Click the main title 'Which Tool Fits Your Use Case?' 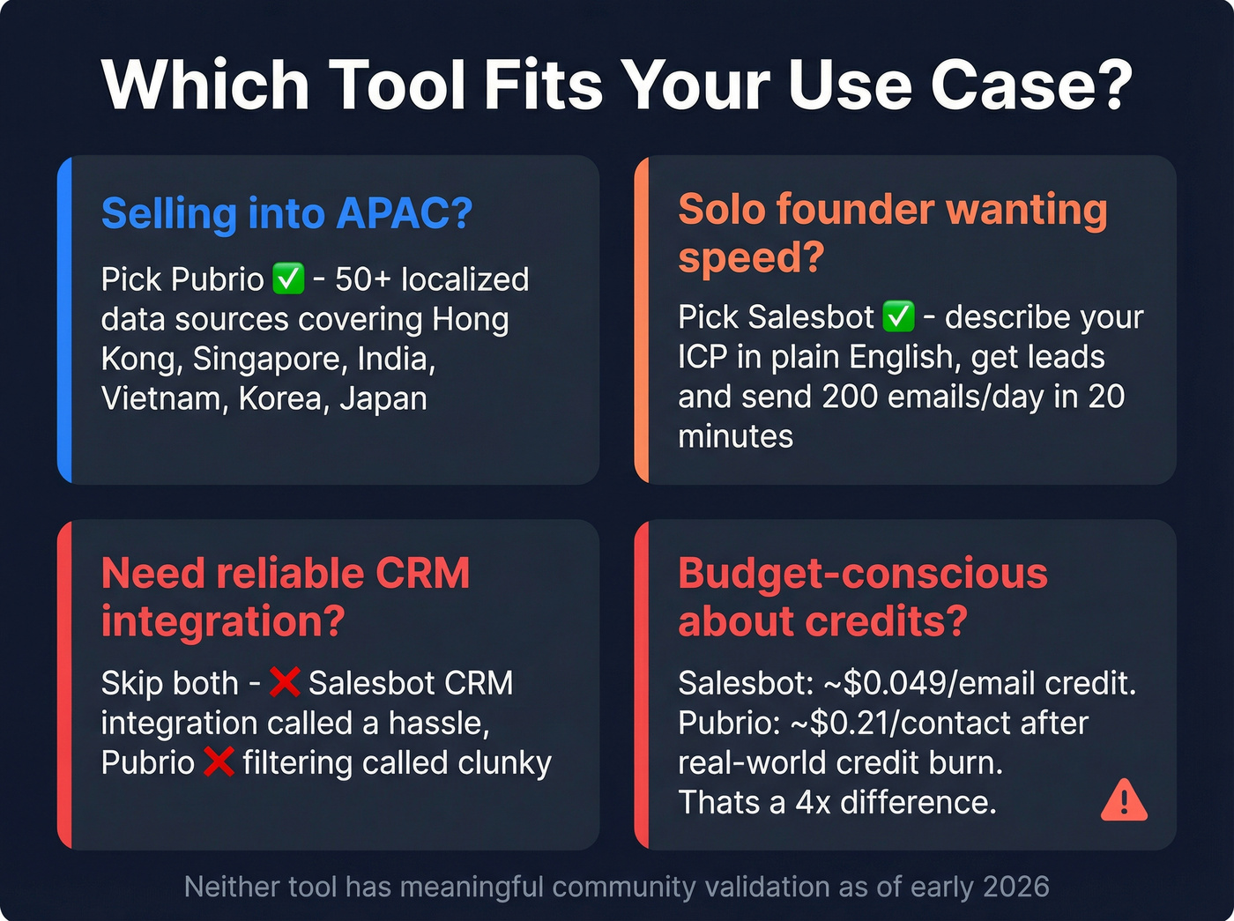click(616, 85)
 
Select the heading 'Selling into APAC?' click(286, 213)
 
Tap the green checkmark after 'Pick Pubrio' click(288, 279)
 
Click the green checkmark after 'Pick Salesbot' click(898, 316)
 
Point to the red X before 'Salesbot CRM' click(284, 682)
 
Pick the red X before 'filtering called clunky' click(218, 762)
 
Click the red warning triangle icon click(1124, 800)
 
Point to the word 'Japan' click(383, 398)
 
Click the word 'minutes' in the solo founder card click(735, 436)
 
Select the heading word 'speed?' click(751, 257)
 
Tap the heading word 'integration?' click(223, 621)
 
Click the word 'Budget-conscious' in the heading click(862, 574)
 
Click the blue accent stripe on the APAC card click(63, 320)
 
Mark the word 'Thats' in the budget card click(718, 802)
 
